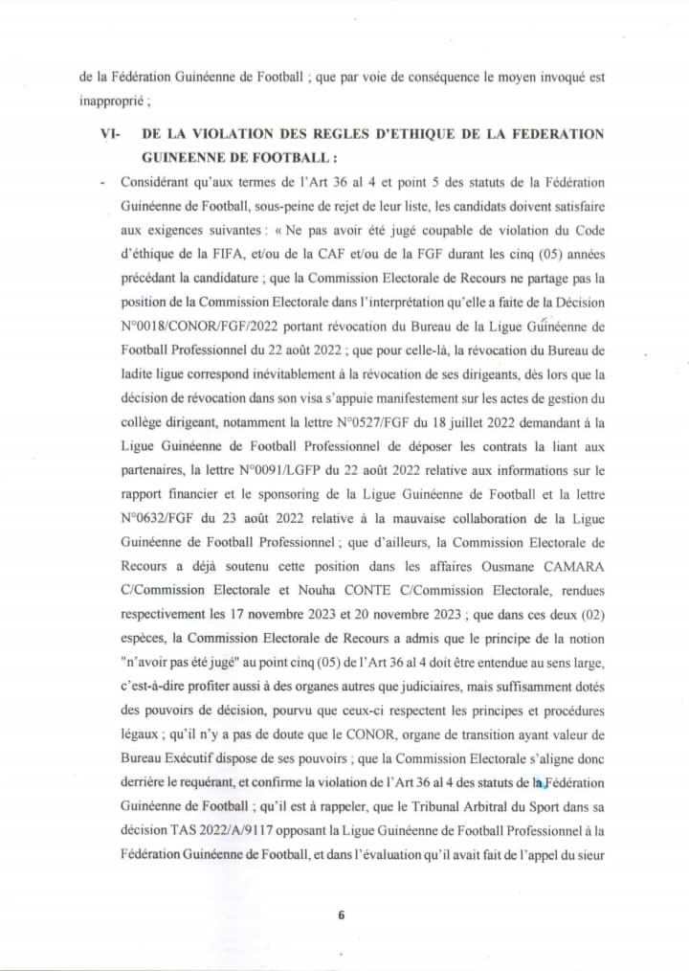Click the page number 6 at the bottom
[x=341, y=914]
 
